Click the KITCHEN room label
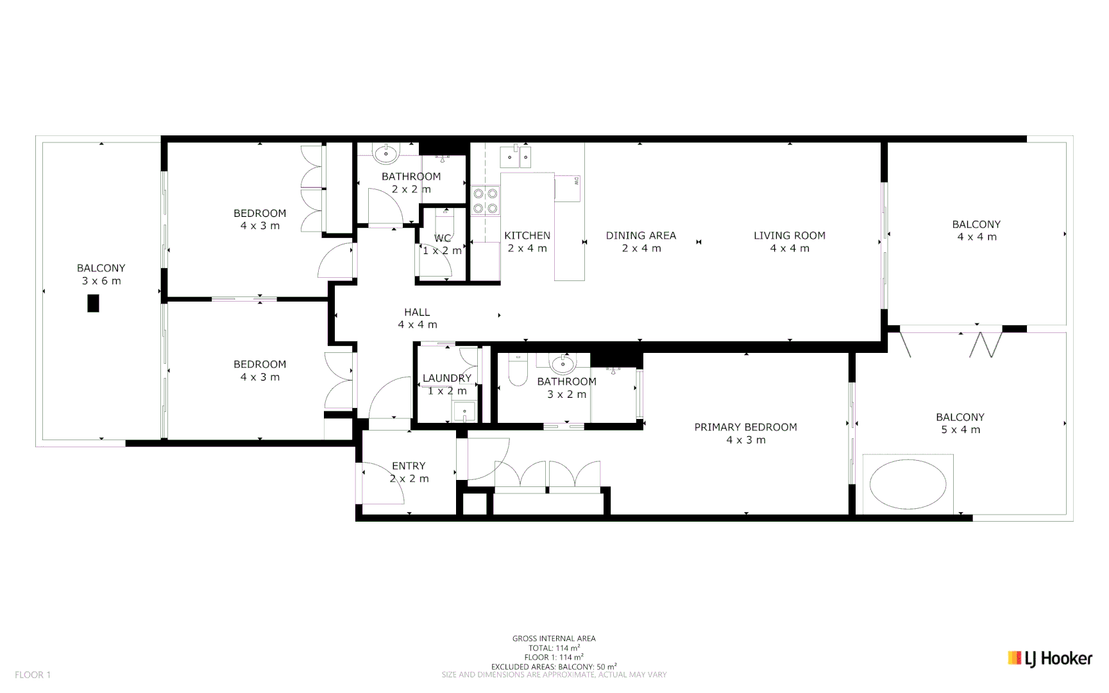(x=527, y=235)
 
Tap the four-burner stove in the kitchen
(x=486, y=200)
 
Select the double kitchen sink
(x=516, y=156)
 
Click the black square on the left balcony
(x=93, y=303)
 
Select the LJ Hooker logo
(x=1049, y=658)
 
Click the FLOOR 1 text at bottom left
(x=33, y=674)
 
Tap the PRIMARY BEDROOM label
(x=745, y=427)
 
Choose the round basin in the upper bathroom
(x=387, y=153)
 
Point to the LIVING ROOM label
(x=789, y=235)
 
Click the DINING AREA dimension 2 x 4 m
(x=641, y=248)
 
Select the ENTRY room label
(x=409, y=466)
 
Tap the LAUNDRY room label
(x=446, y=378)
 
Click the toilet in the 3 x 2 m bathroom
(x=517, y=371)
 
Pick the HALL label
(x=417, y=312)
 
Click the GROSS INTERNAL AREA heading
(x=554, y=638)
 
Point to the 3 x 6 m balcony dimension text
(x=101, y=281)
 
